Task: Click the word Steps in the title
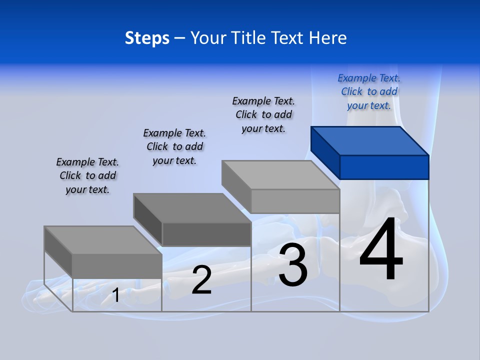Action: click(x=147, y=38)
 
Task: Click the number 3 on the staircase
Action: click(x=293, y=265)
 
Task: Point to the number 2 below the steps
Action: click(x=201, y=280)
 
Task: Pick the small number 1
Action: click(x=115, y=295)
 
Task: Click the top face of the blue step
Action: click(x=370, y=140)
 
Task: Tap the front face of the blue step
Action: click(x=384, y=167)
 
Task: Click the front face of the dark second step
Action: click(x=206, y=234)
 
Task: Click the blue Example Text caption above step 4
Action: click(x=369, y=92)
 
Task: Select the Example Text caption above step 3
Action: click(x=263, y=115)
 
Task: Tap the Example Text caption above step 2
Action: click(x=174, y=147)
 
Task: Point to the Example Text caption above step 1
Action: click(x=87, y=176)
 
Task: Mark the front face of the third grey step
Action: click(x=295, y=201)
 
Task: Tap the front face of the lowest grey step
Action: click(x=117, y=266)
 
